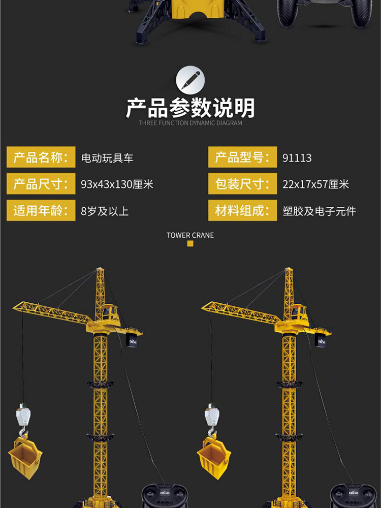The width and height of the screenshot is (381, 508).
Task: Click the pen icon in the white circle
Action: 190,81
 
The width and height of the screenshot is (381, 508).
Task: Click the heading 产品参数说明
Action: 190,108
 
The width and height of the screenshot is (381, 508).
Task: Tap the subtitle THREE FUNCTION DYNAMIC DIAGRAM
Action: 190,123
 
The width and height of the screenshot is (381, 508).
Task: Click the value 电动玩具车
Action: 107,158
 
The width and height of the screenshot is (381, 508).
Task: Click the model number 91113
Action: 297,158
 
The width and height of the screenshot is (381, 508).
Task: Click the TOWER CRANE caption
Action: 190,235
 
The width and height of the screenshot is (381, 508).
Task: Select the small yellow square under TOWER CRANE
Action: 190,244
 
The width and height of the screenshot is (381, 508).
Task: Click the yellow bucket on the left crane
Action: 25,458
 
